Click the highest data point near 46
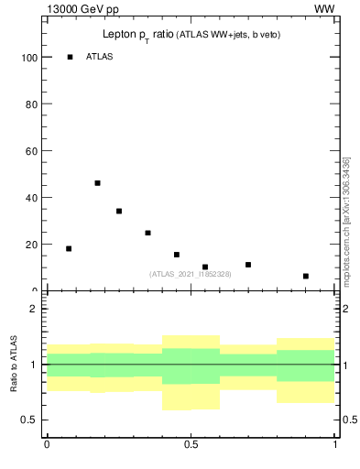[x=97, y=183]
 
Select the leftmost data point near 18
[x=69, y=248]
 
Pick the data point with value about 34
[x=119, y=211]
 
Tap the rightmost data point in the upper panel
[x=306, y=276]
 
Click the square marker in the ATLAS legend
[x=70, y=57]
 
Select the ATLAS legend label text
[x=99, y=57]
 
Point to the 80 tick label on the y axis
[x=28, y=104]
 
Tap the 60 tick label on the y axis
[x=28, y=150]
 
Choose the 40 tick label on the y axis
[x=28, y=197]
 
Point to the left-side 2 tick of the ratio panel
[x=33, y=309]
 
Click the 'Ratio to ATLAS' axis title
[x=14, y=364]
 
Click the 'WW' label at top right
[x=324, y=9]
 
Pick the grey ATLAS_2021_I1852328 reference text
[x=191, y=274]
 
